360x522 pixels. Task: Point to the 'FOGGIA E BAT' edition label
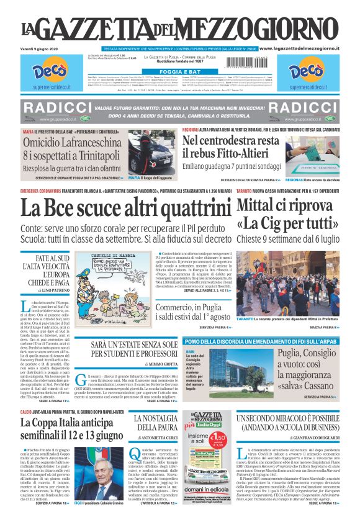[x=180, y=71]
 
